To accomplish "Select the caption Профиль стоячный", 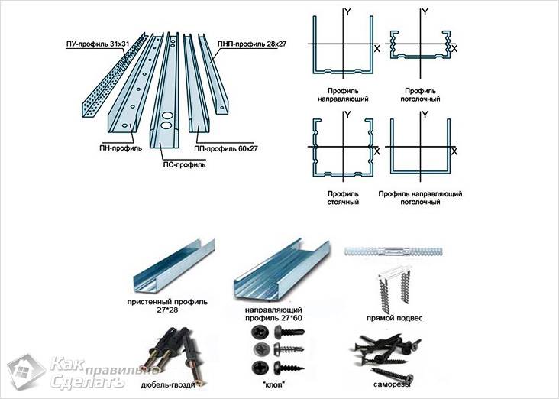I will click(342, 199).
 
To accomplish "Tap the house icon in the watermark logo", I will click(27, 371).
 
